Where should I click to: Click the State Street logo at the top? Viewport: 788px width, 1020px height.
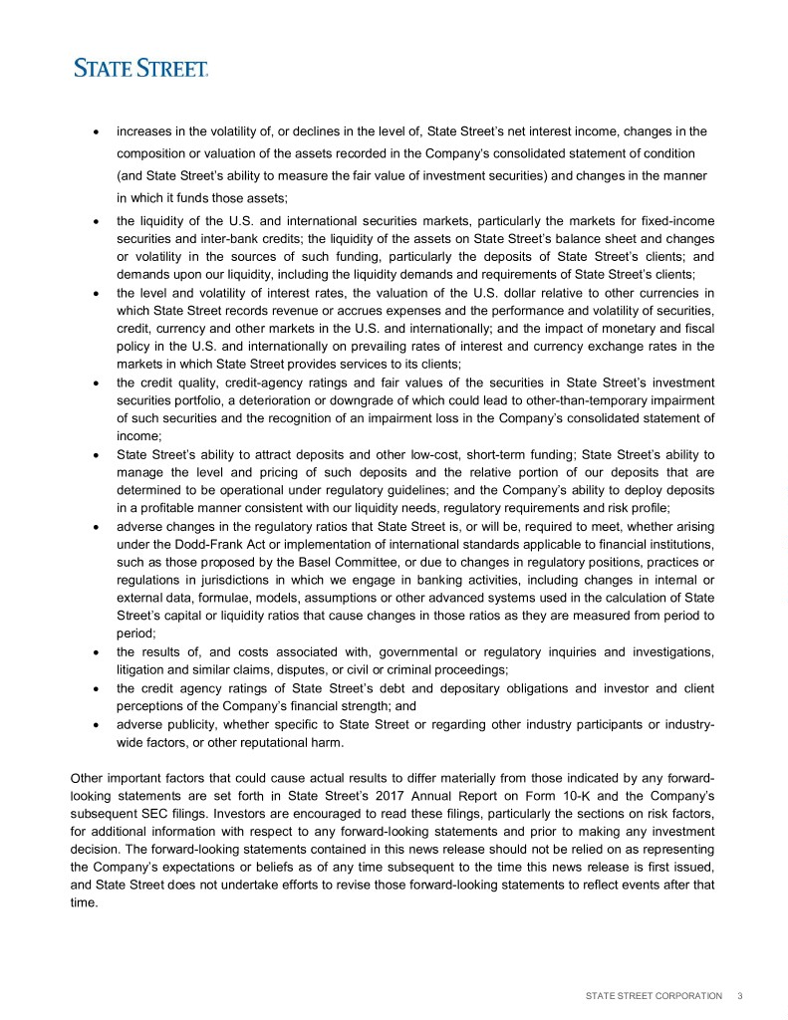[140, 68]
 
